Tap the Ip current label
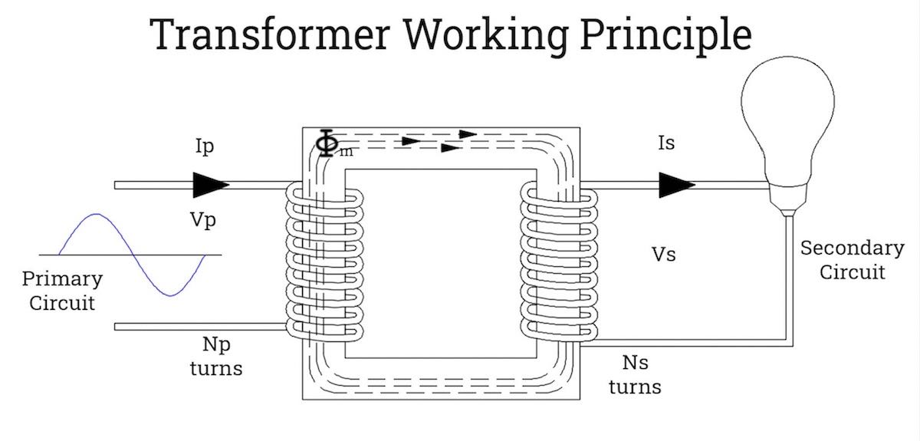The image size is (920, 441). pyautogui.click(x=205, y=146)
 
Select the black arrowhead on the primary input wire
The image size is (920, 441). pyautogui.click(x=210, y=185)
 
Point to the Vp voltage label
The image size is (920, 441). pyautogui.click(x=203, y=221)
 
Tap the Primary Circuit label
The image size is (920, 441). pyautogui.click(x=62, y=291)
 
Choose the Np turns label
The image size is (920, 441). pyautogui.click(x=216, y=357)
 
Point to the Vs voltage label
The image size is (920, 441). pyautogui.click(x=664, y=254)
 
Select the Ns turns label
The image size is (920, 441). pyautogui.click(x=635, y=374)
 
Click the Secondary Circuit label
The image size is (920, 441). pyautogui.click(x=852, y=260)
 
